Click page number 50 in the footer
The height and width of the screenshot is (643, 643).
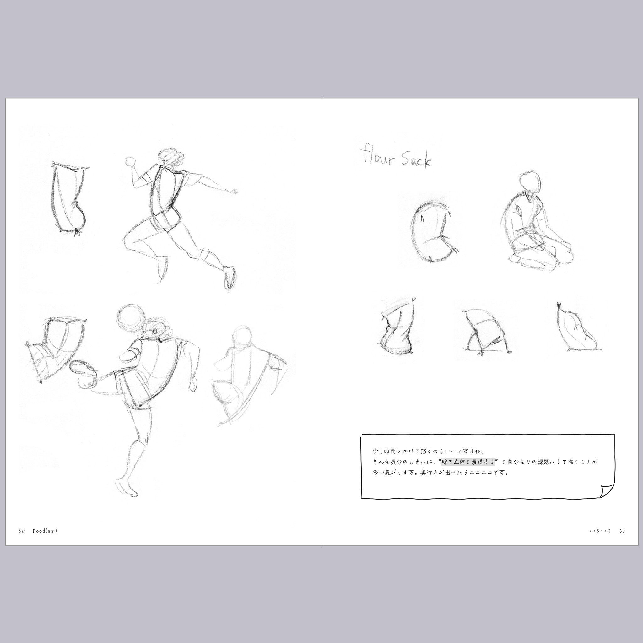click(22, 531)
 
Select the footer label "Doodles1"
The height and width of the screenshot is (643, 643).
click(45, 531)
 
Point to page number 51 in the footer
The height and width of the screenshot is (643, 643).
click(622, 531)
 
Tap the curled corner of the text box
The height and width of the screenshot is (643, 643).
click(607, 491)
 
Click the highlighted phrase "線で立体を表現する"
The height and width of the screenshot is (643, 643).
click(468, 462)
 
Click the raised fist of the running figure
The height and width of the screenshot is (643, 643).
click(130, 162)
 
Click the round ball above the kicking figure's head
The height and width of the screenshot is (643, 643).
click(131, 317)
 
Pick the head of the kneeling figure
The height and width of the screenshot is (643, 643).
click(529, 182)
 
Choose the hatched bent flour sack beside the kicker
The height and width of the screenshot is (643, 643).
click(55, 349)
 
